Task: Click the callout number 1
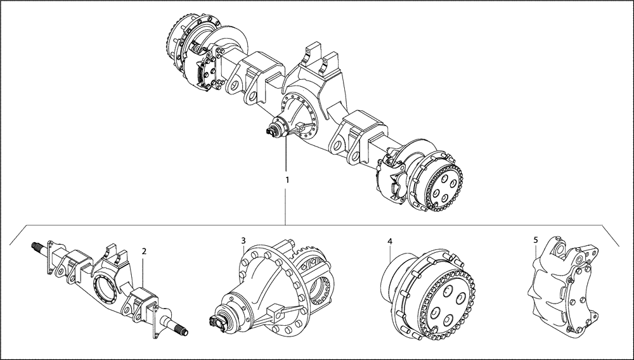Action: pos(287,180)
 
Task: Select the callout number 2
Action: pos(145,251)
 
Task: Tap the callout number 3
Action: pos(243,240)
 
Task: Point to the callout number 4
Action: pos(390,241)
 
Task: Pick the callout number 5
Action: pos(536,240)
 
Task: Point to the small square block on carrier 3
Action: pos(275,312)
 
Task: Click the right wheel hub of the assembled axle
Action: pos(437,180)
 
